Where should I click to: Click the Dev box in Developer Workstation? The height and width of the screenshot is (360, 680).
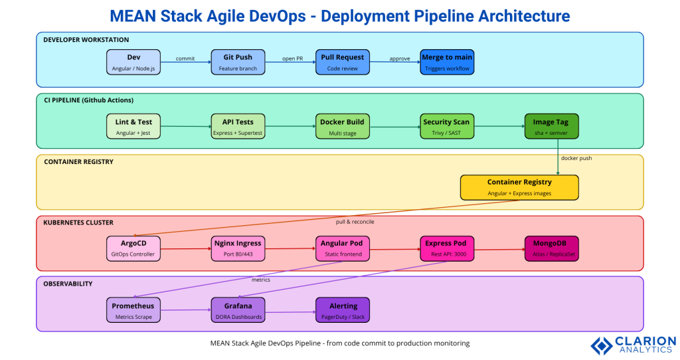pyautogui.click(x=133, y=62)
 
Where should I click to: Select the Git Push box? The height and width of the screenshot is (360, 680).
pyautogui.click(x=238, y=62)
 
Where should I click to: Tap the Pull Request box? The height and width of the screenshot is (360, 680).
pyautogui.click(x=343, y=62)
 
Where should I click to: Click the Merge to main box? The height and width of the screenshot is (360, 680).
pyautogui.click(x=446, y=62)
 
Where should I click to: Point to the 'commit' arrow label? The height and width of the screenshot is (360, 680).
pyautogui.click(x=185, y=58)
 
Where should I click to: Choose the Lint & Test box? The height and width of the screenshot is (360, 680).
pyautogui.click(x=133, y=126)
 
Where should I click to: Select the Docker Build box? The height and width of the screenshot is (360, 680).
pyautogui.click(x=343, y=126)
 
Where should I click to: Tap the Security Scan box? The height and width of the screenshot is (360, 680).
pyautogui.click(x=446, y=126)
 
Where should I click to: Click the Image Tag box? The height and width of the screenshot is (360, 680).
pyautogui.click(x=551, y=126)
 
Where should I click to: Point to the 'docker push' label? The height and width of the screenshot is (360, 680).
pyautogui.click(x=576, y=158)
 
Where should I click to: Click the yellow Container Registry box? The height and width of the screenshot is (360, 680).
pyautogui.click(x=519, y=187)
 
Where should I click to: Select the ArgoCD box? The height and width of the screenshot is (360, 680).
pyautogui.click(x=133, y=248)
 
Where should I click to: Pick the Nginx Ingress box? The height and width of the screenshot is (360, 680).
pyautogui.click(x=238, y=248)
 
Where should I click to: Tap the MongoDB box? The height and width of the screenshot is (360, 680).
pyautogui.click(x=551, y=248)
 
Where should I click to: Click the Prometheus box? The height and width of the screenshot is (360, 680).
pyautogui.click(x=133, y=310)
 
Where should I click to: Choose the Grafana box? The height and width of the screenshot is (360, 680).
pyautogui.click(x=238, y=310)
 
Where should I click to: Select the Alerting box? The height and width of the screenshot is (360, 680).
pyautogui.click(x=343, y=310)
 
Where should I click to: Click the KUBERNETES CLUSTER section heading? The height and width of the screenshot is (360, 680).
pyautogui.click(x=78, y=223)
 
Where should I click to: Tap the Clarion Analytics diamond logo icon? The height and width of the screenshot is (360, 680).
pyautogui.click(x=602, y=345)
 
